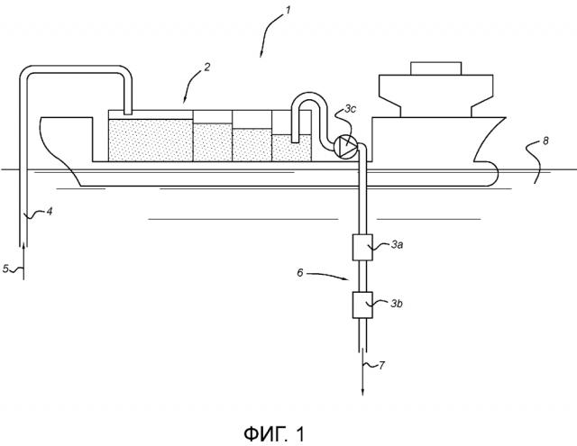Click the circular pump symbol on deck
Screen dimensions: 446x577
(342, 147)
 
